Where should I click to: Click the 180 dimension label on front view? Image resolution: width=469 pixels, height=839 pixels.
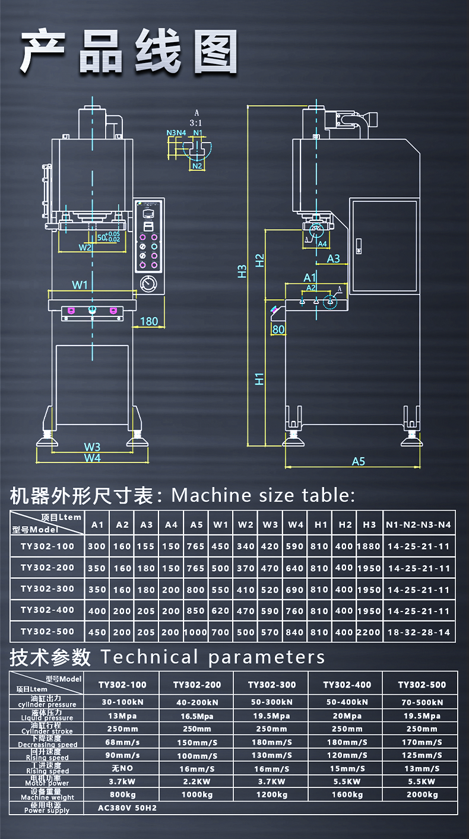coord(148,321)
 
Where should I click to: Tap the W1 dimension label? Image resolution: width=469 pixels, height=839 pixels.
coord(80,285)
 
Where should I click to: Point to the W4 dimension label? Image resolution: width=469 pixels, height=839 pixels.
coord(92,458)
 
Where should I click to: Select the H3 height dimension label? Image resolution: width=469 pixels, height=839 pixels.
coord(241,271)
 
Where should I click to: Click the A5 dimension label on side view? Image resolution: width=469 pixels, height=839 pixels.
coord(359,461)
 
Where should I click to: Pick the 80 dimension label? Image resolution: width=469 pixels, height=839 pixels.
coord(278,329)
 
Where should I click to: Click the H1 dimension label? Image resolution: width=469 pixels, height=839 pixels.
coord(259,378)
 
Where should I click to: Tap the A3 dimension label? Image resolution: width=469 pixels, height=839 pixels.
coord(334,258)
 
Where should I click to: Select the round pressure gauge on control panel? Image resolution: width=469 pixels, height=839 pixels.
coord(147,284)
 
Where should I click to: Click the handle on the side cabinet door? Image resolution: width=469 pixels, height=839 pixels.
coord(359,246)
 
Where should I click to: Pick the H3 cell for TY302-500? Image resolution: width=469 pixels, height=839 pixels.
coord(369,632)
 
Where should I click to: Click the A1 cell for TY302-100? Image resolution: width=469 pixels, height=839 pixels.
coord(97,546)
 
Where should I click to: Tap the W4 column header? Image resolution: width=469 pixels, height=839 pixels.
coord(296,524)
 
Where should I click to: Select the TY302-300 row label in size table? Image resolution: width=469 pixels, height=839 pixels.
coord(47,589)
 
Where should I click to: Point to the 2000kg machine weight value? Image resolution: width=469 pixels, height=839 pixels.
coord(422,794)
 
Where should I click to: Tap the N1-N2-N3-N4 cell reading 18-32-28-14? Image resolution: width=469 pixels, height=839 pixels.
coord(419,632)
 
